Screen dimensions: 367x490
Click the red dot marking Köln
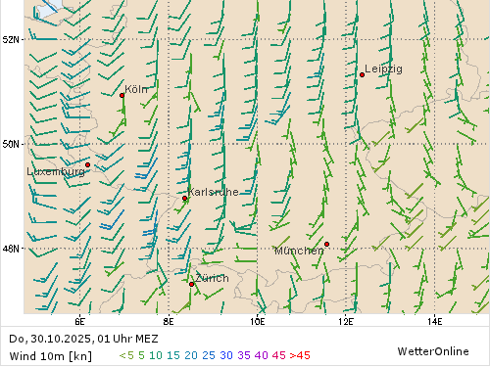click(x=122, y=95)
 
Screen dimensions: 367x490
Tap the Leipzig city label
click(x=383, y=69)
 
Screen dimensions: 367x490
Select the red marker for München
click(x=326, y=244)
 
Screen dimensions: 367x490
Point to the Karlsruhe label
click(x=213, y=192)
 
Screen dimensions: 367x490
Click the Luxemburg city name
click(x=55, y=171)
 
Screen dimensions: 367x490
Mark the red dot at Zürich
click(x=191, y=283)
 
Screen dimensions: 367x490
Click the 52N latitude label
click(x=12, y=39)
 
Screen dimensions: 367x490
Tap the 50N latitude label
click(x=12, y=144)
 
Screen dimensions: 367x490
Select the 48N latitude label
click(x=12, y=249)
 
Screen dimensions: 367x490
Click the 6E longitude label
click(x=79, y=320)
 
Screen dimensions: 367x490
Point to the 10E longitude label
click(x=257, y=320)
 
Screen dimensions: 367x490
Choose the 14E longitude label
click(x=434, y=320)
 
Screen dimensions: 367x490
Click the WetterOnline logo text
click(x=431, y=350)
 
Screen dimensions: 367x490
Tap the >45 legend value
click(x=300, y=355)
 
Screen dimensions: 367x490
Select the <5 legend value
click(x=125, y=355)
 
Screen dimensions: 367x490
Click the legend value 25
click(x=210, y=355)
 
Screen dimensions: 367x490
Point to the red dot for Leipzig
click(x=362, y=74)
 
